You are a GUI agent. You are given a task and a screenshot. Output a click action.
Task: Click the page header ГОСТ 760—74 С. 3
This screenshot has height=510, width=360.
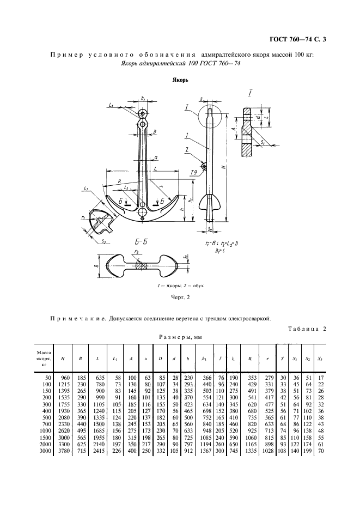pyautogui.click(x=301, y=39)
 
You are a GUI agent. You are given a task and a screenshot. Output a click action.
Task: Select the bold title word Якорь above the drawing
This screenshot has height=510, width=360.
pyautogui.click(x=180, y=80)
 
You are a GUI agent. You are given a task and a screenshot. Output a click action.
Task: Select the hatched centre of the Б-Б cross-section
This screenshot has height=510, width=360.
pyautogui.click(x=142, y=266)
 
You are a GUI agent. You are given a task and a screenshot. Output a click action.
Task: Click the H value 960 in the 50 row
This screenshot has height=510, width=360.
pyautogui.click(x=66, y=378)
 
